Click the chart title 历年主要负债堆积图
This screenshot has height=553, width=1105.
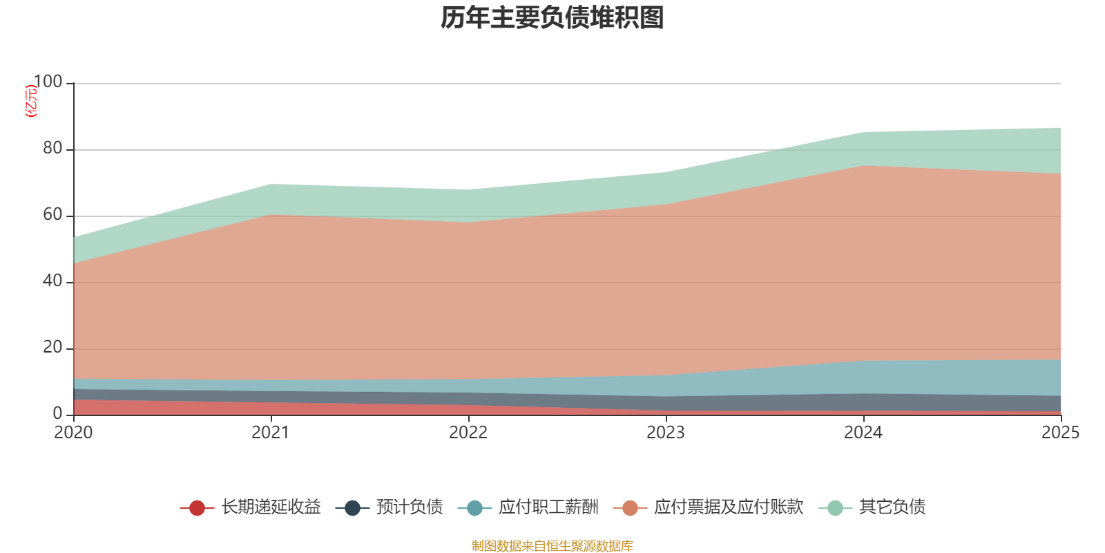click(x=552, y=18)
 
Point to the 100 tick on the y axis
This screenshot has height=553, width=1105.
click(x=48, y=82)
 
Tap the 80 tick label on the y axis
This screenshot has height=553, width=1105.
click(x=52, y=149)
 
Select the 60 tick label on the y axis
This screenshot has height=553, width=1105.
click(x=52, y=215)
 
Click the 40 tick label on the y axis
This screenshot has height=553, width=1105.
click(x=52, y=281)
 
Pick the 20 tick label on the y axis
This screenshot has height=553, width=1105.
click(x=52, y=348)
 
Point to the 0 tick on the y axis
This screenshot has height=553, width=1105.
click(x=57, y=414)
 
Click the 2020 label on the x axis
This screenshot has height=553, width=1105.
click(x=73, y=433)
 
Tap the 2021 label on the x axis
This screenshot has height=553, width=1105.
click(x=271, y=433)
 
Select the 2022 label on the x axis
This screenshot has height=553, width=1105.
click(x=468, y=433)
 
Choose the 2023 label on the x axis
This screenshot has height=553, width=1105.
click(x=666, y=433)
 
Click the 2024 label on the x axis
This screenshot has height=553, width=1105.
click(x=863, y=433)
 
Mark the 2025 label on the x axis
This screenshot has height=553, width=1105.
click(x=1060, y=433)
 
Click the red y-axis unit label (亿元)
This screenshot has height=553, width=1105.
click(x=31, y=101)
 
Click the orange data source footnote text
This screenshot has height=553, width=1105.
click(x=552, y=546)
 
